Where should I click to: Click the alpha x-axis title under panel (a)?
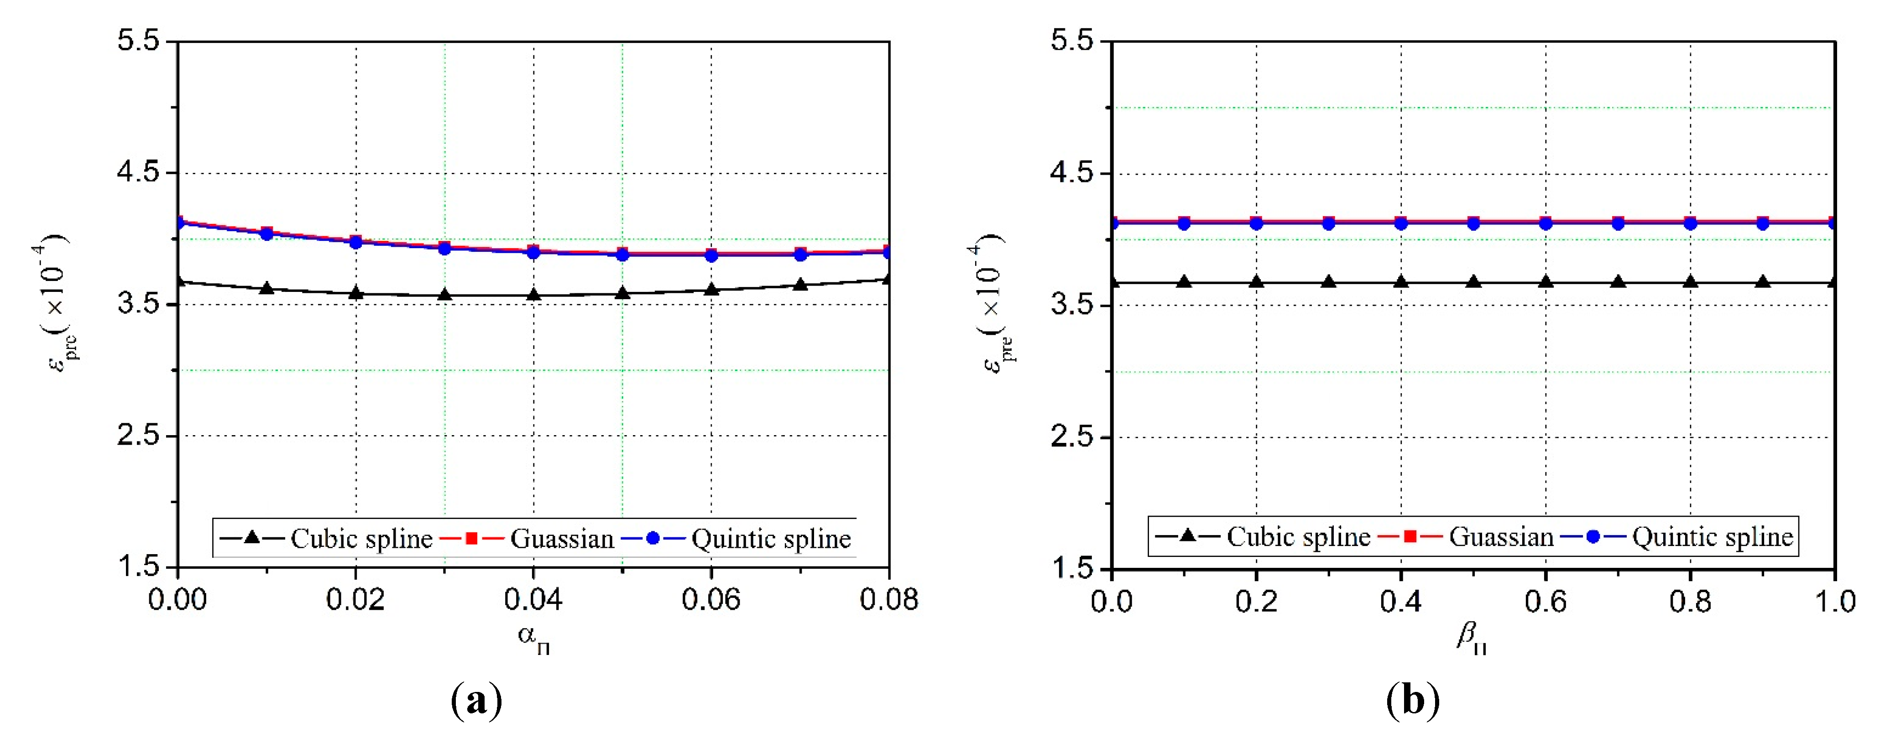(x=533, y=638)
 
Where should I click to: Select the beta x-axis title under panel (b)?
(x=1471, y=637)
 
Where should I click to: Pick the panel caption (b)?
(x=1412, y=701)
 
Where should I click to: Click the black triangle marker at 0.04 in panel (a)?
(x=533, y=294)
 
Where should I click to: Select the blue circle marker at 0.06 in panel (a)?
(x=711, y=255)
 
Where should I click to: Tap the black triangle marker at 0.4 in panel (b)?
(x=1400, y=281)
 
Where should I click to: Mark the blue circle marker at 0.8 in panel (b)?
(x=1690, y=223)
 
